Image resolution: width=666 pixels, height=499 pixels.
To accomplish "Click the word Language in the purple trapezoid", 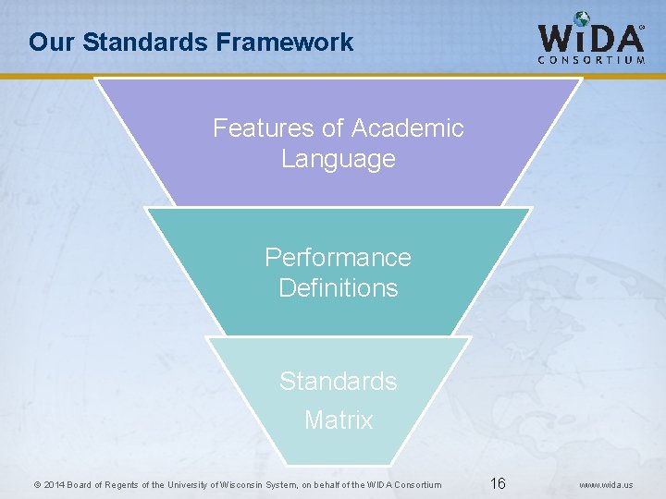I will coord(338,159).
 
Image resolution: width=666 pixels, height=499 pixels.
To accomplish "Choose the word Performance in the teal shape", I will coord(338,256).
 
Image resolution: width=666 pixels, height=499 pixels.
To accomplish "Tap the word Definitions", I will coord(338,287).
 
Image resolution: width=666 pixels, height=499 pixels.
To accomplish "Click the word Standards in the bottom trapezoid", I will coord(338,381).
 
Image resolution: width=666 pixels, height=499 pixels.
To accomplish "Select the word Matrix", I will coord(338,420).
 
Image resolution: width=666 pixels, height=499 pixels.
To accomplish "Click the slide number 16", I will coord(498,483).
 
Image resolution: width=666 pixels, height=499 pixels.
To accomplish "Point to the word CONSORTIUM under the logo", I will coord(591,60).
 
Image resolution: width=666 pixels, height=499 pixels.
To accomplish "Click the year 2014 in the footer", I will coord(55,484).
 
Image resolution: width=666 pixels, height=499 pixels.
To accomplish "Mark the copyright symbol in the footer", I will coord(37,484).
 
